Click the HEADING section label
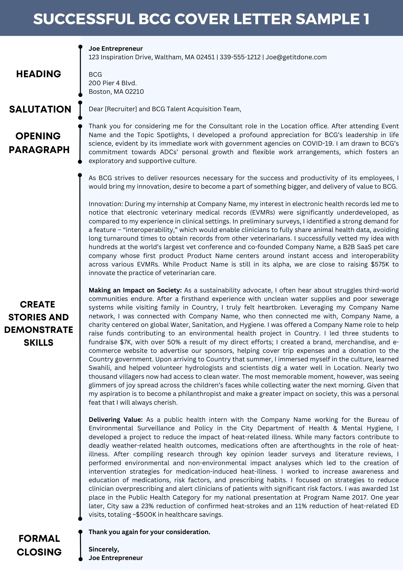[38, 74]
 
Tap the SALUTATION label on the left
[40, 109]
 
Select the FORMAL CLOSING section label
[39, 545]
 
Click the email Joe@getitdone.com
[296, 57]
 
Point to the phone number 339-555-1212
[240, 57]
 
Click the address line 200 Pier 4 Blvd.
[113, 83]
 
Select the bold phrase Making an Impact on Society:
[135, 290]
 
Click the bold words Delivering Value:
[115, 420]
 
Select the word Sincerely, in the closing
[104, 549]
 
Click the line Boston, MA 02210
[116, 91]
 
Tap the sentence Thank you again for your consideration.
[149, 532]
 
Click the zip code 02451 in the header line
[205, 57]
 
